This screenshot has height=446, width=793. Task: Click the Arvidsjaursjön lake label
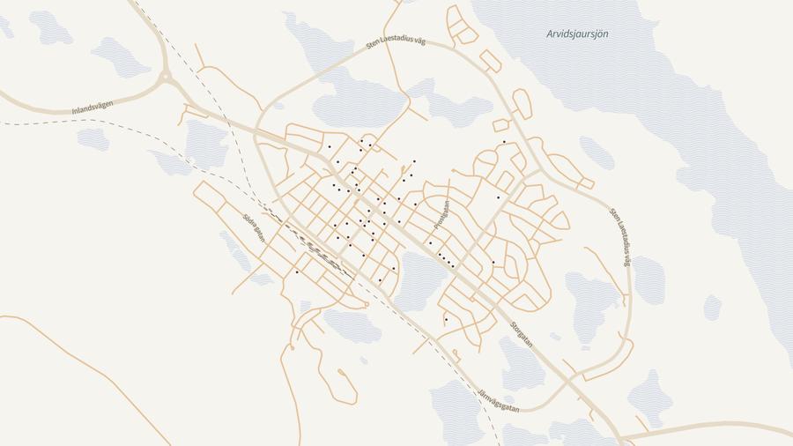(x=577, y=34)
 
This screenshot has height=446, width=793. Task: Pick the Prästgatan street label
(x=441, y=215)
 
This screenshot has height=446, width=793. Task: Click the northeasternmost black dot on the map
(x=504, y=142)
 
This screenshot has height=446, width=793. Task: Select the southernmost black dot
(x=447, y=319)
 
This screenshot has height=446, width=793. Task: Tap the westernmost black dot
(x=297, y=272)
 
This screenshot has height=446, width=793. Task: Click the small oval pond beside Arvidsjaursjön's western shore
(x=597, y=152)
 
